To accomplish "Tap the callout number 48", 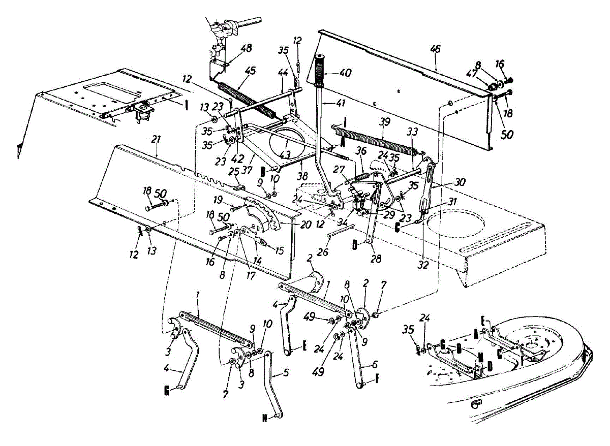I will point(247,49).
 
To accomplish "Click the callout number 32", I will point(423,264).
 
